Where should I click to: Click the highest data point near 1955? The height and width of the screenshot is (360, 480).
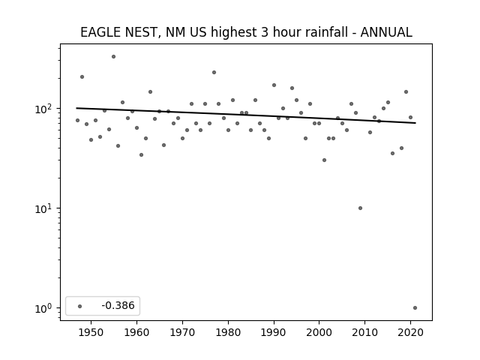coord(113,57)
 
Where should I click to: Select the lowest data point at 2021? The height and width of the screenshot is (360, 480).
coord(415,308)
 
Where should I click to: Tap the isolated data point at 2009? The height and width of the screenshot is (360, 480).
coord(360,208)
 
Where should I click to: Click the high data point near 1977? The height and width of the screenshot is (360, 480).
coord(214,73)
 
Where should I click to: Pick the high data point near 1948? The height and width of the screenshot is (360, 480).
coord(82,76)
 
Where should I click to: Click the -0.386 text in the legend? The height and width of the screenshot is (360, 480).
coord(118,305)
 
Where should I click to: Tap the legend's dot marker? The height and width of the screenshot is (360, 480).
coord(80,306)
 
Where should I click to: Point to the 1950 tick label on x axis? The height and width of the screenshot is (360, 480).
coord(91,332)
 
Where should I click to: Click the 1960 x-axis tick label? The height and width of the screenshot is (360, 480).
coord(136,332)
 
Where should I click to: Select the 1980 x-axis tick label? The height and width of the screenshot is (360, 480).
coord(228,332)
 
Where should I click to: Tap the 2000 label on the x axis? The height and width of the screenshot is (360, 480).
coord(319,332)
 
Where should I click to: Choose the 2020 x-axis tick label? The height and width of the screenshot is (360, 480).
coord(410,332)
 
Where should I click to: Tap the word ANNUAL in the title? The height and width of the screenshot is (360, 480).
coord(386,32)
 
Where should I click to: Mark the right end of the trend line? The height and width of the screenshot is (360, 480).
coord(415,123)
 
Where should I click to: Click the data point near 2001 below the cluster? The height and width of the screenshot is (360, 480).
coord(324,160)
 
